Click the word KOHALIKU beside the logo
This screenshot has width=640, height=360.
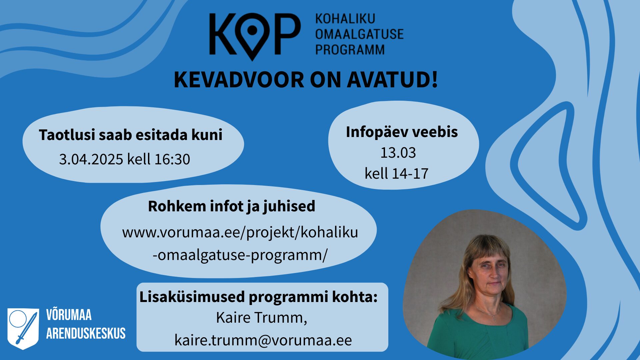(x=345, y=19)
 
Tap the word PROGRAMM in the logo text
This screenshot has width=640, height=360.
(x=350, y=50)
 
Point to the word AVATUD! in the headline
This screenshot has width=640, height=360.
(x=392, y=80)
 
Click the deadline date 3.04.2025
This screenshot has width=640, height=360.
(x=91, y=159)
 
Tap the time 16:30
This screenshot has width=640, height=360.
(x=172, y=159)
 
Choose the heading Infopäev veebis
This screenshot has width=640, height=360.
(x=402, y=132)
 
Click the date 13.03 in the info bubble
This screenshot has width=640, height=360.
(x=398, y=153)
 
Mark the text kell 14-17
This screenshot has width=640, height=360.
(x=396, y=174)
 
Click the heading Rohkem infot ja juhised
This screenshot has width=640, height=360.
(x=231, y=206)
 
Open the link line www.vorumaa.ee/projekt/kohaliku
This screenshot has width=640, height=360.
(x=240, y=232)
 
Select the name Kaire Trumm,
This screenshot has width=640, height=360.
(x=261, y=318)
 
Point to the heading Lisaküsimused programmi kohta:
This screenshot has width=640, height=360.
(x=258, y=297)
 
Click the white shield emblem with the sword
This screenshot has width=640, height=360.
(x=23, y=329)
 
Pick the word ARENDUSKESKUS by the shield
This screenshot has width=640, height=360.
(x=86, y=333)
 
